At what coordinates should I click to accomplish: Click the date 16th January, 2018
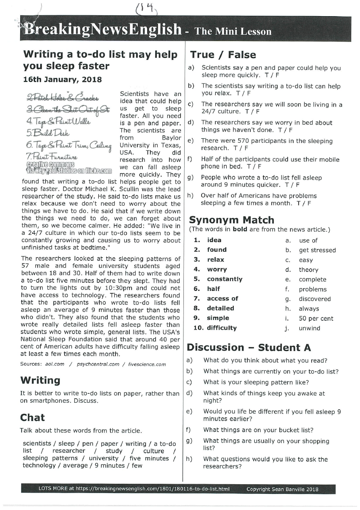point(62,80)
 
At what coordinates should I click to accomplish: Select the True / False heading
point(223,55)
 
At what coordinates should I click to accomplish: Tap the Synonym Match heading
point(231,220)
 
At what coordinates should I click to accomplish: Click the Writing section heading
point(40,380)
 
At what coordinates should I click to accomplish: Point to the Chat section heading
point(32,417)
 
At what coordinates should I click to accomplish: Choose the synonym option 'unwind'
point(309,328)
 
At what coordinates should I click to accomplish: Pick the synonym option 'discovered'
point(314,299)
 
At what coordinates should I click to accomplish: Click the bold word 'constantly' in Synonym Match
point(225,279)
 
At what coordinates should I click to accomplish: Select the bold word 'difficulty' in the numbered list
point(222,328)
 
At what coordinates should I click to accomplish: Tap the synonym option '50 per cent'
point(316,318)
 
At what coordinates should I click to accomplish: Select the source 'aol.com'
point(54,364)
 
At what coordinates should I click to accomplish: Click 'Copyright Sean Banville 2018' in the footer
point(282,489)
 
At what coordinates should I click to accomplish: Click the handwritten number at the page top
point(146,7)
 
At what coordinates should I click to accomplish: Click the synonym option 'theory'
point(308,270)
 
